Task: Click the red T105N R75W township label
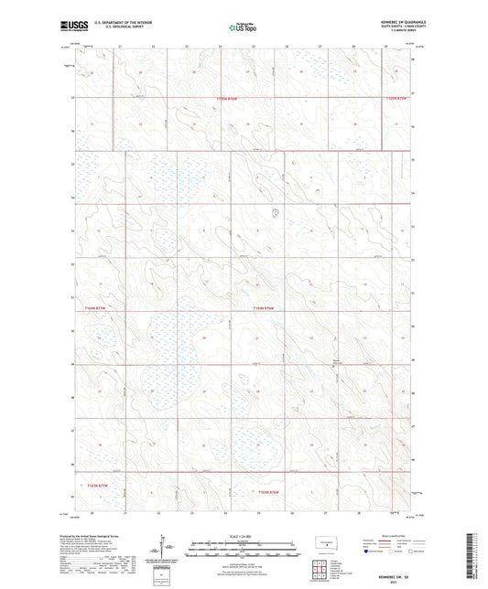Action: pyautogui.click(x=396, y=98)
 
